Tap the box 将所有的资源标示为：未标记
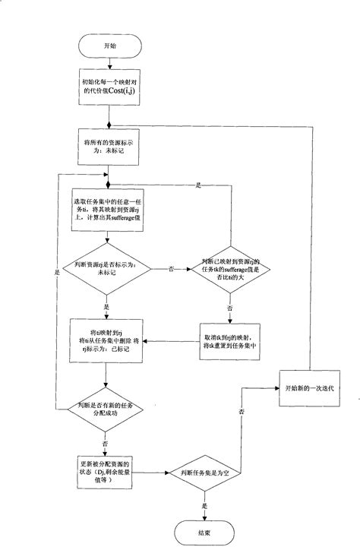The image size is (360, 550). pyautogui.click(x=109, y=146)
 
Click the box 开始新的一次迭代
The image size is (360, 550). pyautogui.click(x=308, y=387)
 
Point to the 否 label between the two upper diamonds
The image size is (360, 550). pyautogui.click(x=170, y=269)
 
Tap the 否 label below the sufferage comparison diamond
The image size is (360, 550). pyautogui.click(x=229, y=310)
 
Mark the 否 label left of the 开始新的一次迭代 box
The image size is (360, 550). pyautogui.click(x=242, y=411)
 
